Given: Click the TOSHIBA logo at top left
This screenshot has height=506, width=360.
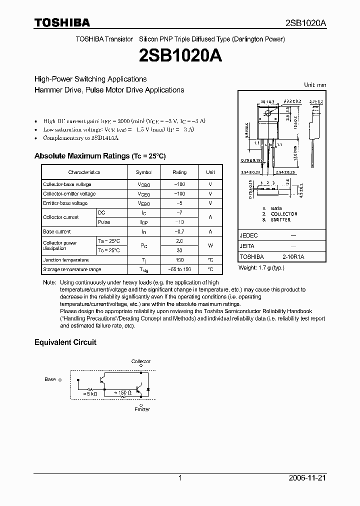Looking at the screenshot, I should point(62,22).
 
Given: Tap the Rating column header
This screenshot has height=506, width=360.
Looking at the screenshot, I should point(179,172).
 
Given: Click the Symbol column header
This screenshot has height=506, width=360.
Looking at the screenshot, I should point(143,172).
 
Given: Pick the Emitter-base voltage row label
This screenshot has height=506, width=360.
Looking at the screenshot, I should point(65,203).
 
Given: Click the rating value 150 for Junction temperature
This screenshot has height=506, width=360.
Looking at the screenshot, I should point(179,260).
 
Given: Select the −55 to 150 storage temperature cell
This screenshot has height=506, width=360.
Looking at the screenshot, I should point(179,269).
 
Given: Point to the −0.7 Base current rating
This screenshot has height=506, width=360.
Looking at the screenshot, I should point(179,232).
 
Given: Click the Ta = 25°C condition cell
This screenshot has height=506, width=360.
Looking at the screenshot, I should point(109,241).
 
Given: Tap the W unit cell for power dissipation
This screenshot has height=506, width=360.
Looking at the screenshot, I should point(210,245).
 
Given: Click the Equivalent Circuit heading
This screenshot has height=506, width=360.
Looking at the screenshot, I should point(65,342).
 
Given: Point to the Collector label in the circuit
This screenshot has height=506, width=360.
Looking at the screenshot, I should point(141,361).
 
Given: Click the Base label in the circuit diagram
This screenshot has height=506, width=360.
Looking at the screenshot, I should point(50,379).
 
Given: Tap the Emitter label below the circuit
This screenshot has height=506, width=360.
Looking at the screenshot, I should point(142,409).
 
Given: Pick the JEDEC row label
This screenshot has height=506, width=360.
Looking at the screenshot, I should point(249,235).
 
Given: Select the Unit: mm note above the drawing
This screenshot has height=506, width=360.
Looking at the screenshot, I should point(315,85).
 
